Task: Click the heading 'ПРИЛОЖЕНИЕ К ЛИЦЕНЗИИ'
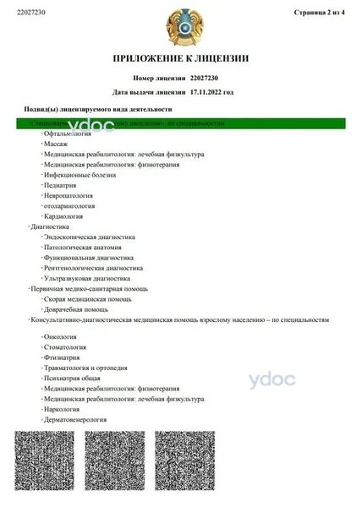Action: coord(181,58)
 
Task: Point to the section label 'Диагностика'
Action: coord(50,226)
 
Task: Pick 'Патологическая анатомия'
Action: coord(83,248)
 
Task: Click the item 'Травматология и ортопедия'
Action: coord(85,368)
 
